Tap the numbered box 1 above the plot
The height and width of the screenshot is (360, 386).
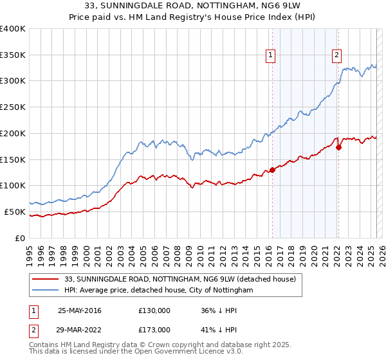point(271,56)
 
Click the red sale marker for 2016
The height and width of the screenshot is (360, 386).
point(272,170)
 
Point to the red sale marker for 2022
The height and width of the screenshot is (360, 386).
point(338,147)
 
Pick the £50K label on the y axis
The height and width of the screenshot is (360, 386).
point(15,212)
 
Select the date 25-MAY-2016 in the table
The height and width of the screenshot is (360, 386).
point(80,310)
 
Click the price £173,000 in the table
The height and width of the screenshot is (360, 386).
point(154,329)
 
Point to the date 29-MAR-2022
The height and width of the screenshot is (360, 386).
point(80,329)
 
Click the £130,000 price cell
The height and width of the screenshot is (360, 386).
point(154,310)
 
